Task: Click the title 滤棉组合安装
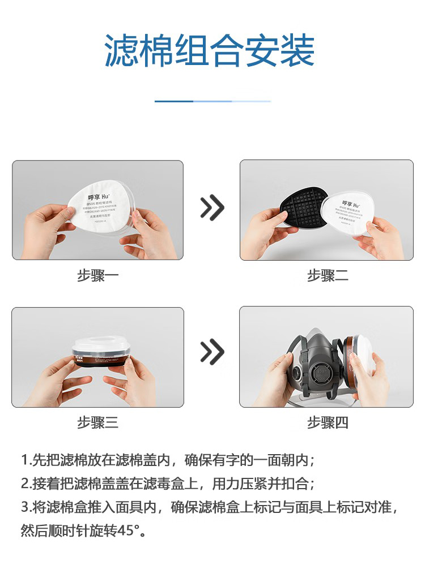coord(209,51)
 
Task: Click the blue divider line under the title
coord(212,101)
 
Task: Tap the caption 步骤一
coord(97,276)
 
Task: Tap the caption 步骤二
coord(328,276)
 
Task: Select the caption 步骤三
coord(97,422)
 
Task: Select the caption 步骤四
coord(328,422)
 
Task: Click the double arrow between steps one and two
coord(212,209)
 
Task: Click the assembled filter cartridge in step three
coord(99,356)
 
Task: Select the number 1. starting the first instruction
coord(25,459)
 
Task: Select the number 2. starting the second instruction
coord(25,484)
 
